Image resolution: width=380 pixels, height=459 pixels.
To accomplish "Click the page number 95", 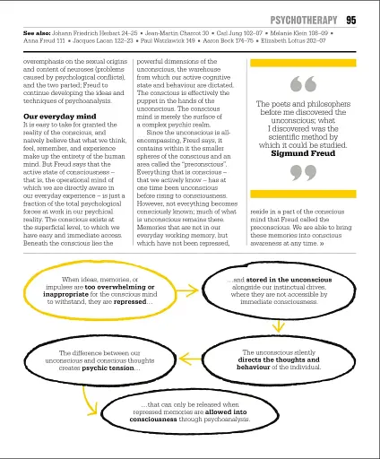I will coord(351,19).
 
